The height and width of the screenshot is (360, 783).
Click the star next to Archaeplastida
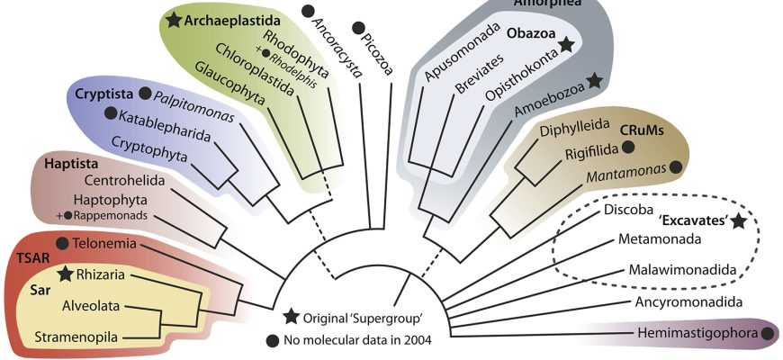click(175, 19)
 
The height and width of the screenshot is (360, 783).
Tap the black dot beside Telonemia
click(62, 243)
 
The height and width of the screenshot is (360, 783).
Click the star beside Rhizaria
click(65, 273)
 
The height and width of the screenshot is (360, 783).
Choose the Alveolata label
click(91, 305)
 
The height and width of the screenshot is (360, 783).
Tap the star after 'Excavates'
click(739, 220)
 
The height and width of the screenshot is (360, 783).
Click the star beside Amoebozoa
click(594, 82)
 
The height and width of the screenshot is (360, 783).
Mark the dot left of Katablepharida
click(112, 113)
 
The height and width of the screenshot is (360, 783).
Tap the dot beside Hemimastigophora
click(768, 334)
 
